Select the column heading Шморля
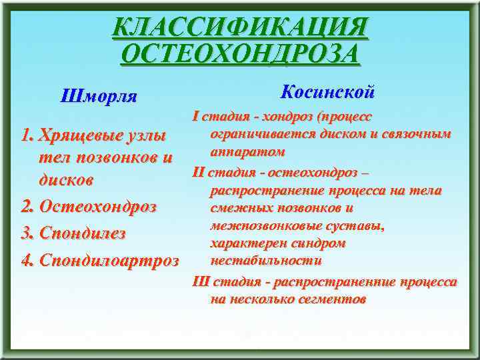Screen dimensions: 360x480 98,97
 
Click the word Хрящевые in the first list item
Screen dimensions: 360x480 79,137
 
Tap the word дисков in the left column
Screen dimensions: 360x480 65,181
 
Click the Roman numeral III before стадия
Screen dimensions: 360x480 200,281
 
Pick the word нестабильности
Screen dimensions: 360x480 266,260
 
